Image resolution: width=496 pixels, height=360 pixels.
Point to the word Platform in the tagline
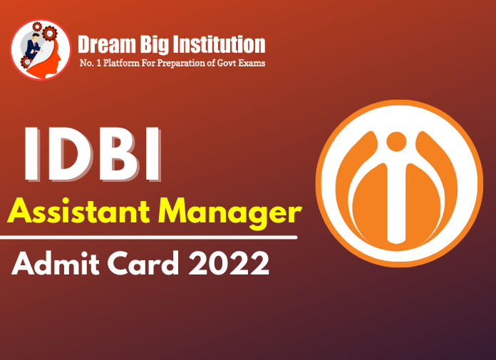tap(116, 65)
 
